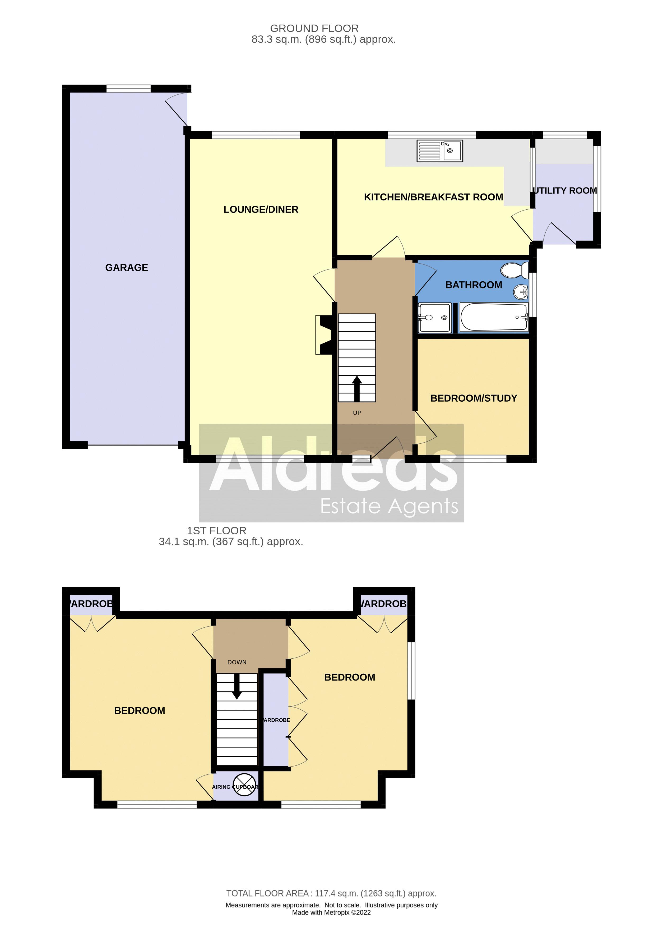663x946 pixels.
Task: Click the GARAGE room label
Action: (x=126, y=268)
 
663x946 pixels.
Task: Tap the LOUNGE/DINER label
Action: (x=261, y=210)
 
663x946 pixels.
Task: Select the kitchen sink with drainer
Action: (x=439, y=150)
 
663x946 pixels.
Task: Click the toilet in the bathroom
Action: (x=514, y=270)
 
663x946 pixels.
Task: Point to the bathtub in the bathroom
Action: (x=493, y=317)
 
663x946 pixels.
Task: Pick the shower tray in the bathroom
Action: (x=434, y=318)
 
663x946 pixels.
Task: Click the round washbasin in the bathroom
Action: (x=521, y=292)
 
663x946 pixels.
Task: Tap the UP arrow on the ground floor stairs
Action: (x=357, y=388)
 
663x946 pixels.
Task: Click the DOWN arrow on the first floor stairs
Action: (x=237, y=686)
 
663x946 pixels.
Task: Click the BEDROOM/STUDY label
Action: (x=474, y=398)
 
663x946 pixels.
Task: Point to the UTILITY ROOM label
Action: (x=565, y=191)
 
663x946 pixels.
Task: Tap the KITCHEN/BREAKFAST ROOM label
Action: (x=433, y=197)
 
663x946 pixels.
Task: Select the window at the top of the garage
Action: (x=128, y=88)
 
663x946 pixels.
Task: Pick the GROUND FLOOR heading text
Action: (x=314, y=29)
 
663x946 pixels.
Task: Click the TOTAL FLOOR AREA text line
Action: (x=331, y=893)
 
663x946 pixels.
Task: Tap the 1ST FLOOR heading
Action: (x=217, y=531)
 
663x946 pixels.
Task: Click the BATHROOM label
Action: (x=474, y=285)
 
